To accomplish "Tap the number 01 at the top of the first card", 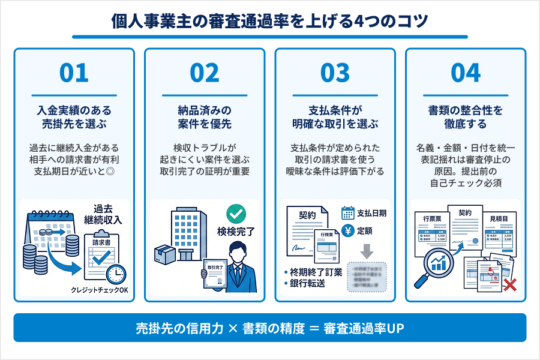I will pos(74,73).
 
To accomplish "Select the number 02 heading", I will pos(205,73).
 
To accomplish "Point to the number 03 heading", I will pos(335,73).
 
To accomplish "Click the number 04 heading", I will pos(466,73).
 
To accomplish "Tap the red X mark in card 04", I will pos(510,284).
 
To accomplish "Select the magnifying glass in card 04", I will pos(434,265).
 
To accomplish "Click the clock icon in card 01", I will pos(116,274).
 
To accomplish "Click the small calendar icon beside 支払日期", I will pos(348,213).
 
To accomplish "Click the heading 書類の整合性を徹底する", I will pos(466,117).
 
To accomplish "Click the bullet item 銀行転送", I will pos(308,283).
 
